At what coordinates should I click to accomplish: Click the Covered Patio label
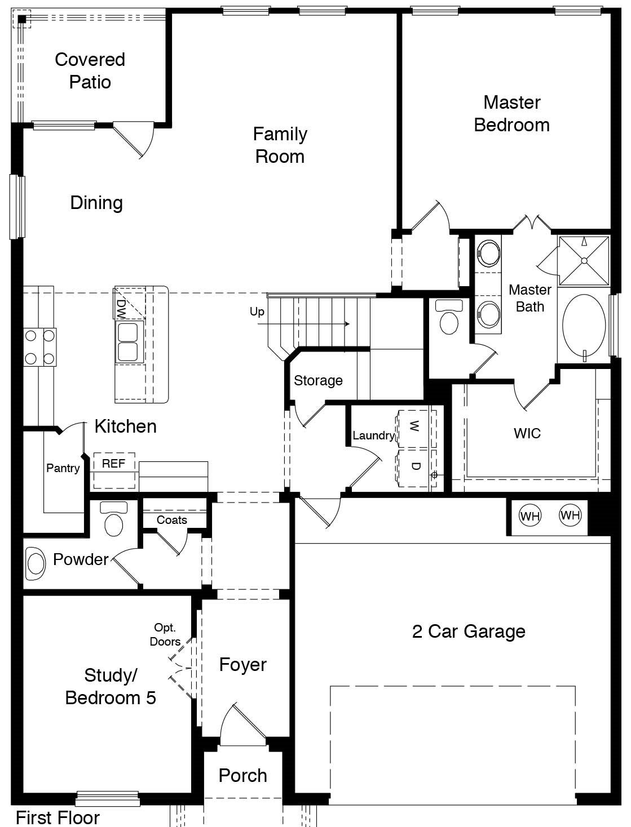coord(90,71)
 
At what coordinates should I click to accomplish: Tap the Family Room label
coord(280,145)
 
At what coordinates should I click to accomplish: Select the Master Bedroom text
coord(511,114)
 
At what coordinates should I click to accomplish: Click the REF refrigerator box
coord(113,464)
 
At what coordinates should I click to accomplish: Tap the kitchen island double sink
coord(127,342)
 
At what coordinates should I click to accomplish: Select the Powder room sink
coord(36,563)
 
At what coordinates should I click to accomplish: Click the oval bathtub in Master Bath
coord(584,324)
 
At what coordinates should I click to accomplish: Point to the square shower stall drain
coord(584,261)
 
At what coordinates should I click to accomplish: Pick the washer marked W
coord(415,426)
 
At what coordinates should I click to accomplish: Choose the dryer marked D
coord(415,466)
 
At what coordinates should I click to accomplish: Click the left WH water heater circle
coord(529,515)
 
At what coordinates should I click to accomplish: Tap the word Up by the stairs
coord(257,312)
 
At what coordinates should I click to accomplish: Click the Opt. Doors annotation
coord(165,634)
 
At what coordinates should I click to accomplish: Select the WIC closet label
coord(527,433)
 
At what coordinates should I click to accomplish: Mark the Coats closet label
coord(171,520)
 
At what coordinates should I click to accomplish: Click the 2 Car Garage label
coord(469,632)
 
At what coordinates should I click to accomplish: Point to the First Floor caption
coord(58,817)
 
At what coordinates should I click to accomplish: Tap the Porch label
coord(242,776)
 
